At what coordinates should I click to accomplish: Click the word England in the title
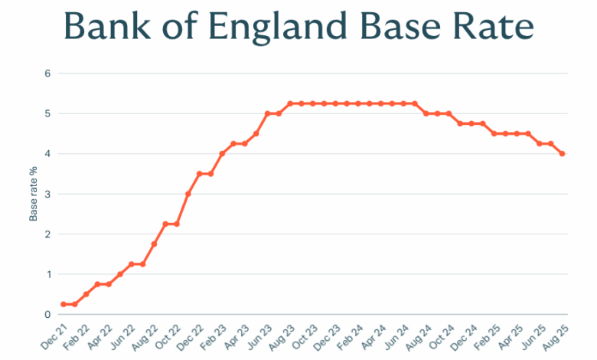(x=287, y=26)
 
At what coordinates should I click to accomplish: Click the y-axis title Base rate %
(x=34, y=194)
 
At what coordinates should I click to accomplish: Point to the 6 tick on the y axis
(x=47, y=74)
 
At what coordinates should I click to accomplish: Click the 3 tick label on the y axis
(x=47, y=194)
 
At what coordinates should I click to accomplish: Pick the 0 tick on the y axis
(x=47, y=314)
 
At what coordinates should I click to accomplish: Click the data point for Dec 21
(x=63, y=304)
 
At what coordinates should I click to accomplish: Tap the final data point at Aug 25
(x=562, y=154)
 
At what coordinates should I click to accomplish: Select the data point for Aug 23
(x=290, y=103)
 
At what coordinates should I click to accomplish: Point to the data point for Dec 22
(x=199, y=174)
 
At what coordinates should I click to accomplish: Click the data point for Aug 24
(x=426, y=113)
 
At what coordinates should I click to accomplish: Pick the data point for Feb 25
(x=494, y=133)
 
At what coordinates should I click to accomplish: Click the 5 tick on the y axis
(x=47, y=113)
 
